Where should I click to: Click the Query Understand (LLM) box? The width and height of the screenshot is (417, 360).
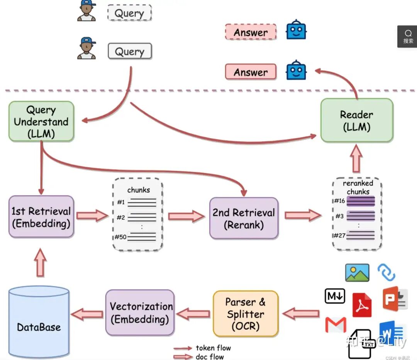(x=41, y=121)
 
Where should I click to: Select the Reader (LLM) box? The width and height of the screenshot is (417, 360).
(x=356, y=121)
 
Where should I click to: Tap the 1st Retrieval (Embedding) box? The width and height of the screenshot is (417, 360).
(x=41, y=217)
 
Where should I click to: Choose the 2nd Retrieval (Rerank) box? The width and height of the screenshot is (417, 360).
(x=244, y=218)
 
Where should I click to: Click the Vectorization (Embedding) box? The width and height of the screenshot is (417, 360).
(x=140, y=312)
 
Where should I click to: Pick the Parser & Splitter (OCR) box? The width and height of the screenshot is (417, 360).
(x=246, y=314)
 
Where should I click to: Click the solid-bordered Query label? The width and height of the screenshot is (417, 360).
(x=130, y=51)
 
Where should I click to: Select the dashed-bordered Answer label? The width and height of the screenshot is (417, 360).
(x=251, y=32)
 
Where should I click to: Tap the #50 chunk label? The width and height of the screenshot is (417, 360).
(x=121, y=237)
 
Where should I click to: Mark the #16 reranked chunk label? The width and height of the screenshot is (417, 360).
(x=339, y=201)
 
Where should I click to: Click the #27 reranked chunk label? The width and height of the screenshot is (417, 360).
(x=339, y=235)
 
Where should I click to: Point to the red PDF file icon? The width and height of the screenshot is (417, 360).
(x=362, y=305)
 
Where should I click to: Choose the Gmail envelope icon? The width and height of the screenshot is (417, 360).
(x=336, y=325)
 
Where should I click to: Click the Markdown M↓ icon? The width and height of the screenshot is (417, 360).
(x=335, y=296)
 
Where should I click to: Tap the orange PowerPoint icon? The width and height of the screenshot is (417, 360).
(x=395, y=298)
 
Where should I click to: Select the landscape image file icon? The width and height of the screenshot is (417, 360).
(x=357, y=273)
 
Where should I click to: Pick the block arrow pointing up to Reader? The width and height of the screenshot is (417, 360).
(x=356, y=160)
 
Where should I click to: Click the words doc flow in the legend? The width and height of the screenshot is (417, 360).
(x=210, y=357)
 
